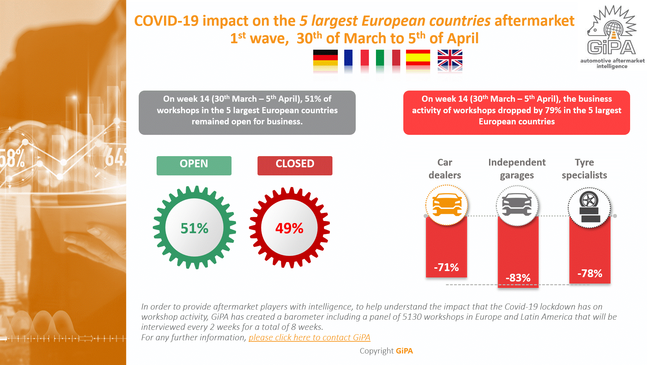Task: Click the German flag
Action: [325, 58]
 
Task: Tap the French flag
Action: [356, 58]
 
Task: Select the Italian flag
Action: [388, 58]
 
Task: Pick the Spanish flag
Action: [418, 58]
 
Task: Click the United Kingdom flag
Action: [450, 58]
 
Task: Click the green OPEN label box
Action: [194, 165]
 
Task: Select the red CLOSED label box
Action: [295, 165]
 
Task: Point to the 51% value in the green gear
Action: [194, 228]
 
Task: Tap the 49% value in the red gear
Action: [289, 228]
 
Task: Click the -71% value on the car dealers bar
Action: [446, 267]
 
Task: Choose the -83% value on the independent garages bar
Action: [518, 278]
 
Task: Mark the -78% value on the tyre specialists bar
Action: [590, 273]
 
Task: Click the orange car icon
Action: [447, 205]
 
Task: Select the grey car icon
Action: [517, 205]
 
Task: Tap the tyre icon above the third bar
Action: [589, 207]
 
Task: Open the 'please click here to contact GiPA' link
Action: [309, 337]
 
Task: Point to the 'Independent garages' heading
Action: [517, 169]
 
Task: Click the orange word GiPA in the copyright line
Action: [404, 351]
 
